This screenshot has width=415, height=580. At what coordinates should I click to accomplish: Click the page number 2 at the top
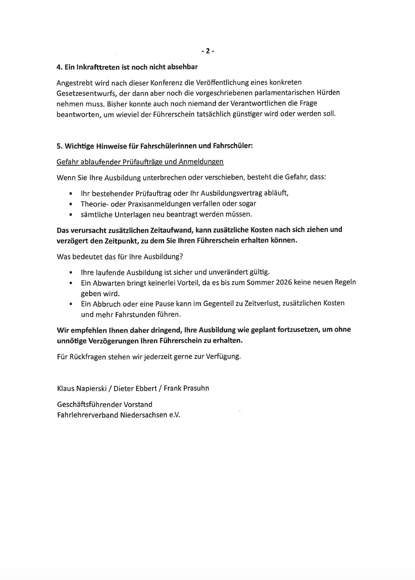point(207,51)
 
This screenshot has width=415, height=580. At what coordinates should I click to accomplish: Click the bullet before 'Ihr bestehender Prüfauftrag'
point(71,194)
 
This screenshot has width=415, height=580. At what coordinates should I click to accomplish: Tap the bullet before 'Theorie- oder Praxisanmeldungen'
point(71,204)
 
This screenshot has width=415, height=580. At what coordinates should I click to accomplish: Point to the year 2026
point(284,282)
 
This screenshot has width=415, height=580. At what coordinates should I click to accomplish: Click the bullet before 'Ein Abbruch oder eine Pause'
point(71,304)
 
